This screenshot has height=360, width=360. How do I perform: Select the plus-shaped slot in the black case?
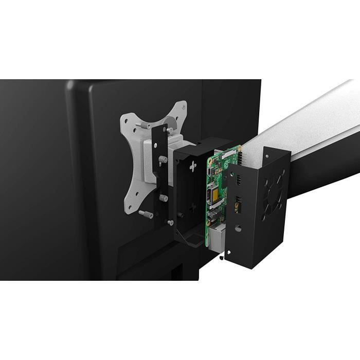pyautogui.click(x=193, y=166)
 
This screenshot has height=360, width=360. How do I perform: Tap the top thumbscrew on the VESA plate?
pyautogui.click(x=139, y=123)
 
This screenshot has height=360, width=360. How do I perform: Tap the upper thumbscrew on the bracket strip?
pyautogui.click(x=161, y=160)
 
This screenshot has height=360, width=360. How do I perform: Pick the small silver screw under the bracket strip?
pyautogui.click(x=170, y=222)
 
